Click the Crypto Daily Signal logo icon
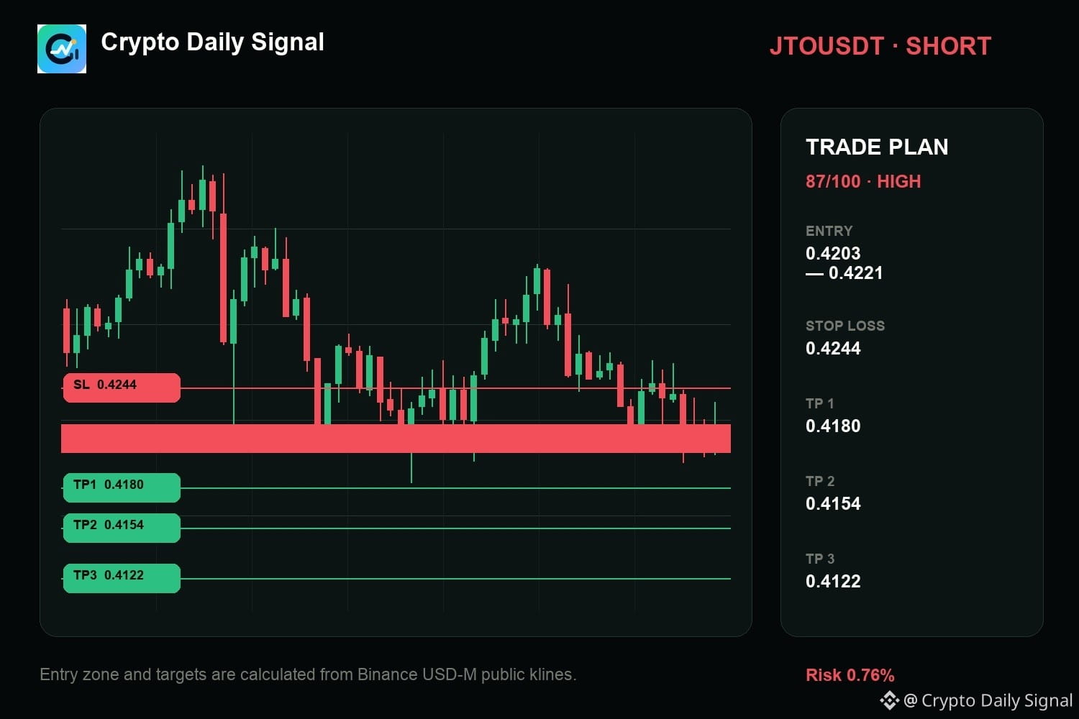62,49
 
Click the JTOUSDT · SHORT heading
880,46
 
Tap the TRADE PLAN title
877,147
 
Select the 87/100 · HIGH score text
863,182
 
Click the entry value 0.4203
833,253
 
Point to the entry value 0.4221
855,273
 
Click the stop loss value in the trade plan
833,348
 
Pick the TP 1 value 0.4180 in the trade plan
833,426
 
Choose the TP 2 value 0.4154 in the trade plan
833,503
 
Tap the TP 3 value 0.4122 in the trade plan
833,581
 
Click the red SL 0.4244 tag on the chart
122,388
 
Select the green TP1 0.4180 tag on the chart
122,487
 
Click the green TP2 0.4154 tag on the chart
122,528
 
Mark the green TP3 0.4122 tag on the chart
122,578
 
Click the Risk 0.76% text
850,675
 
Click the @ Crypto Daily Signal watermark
976,701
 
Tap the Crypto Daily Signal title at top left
212,42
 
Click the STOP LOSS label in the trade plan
845,326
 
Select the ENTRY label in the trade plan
829,232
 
